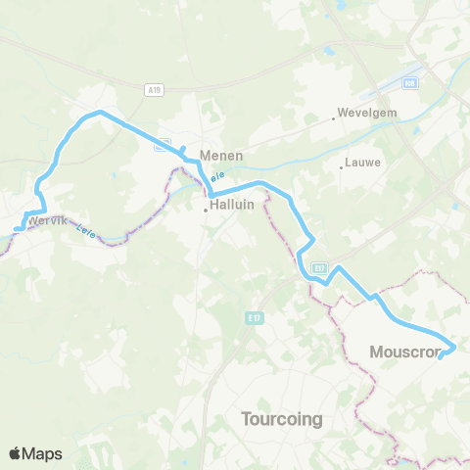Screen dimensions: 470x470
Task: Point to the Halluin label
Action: (231, 206)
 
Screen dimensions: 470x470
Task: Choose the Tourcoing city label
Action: (282, 419)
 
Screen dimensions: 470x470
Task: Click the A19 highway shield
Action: (154, 89)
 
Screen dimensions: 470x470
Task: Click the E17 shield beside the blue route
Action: (319, 265)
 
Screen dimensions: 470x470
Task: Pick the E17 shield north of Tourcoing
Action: (254, 317)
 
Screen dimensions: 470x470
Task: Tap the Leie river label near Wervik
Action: (86, 233)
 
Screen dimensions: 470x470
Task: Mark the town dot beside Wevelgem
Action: (335, 118)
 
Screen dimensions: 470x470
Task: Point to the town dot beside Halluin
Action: (206, 209)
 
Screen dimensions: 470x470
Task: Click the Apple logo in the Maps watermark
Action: (15, 453)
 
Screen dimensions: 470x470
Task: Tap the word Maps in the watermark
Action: (43, 453)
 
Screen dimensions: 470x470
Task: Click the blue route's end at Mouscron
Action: (441, 356)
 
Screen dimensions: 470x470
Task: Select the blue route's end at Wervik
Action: (17, 228)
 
